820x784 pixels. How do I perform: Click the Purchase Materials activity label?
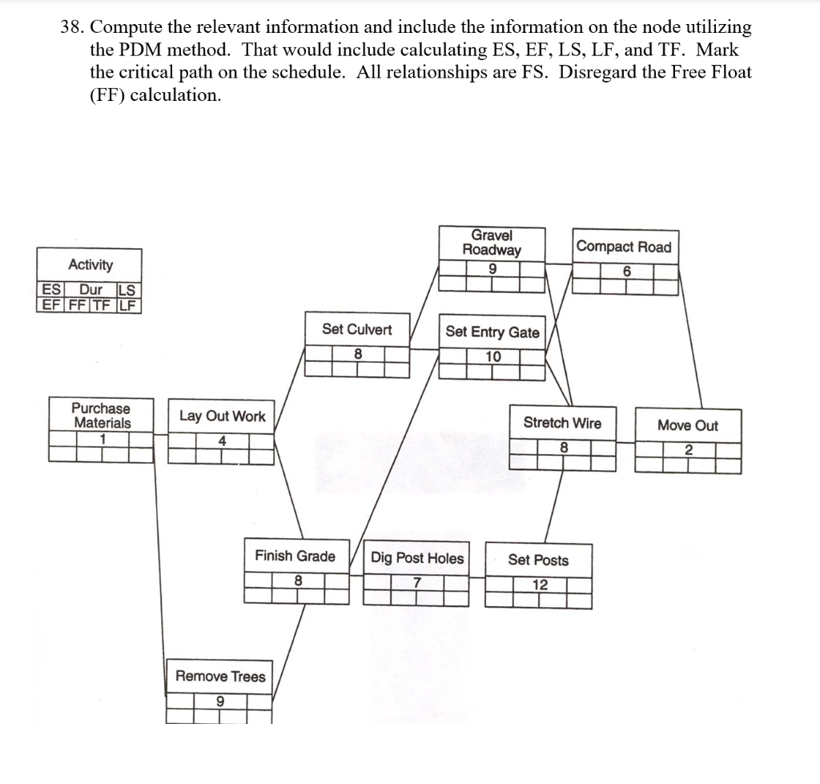(x=101, y=415)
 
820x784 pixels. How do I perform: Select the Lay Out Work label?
(x=222, y=416)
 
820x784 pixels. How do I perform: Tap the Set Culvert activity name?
(x=357, y=329)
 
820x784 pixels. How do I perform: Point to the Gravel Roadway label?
(x=492, y=242)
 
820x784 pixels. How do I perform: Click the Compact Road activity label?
(x=625, y=247)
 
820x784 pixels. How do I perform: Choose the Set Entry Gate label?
(x=492, y=332)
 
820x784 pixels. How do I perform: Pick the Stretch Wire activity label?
(x=562, y=423)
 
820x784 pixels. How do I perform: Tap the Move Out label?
(x=688, y=425)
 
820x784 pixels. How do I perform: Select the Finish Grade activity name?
(x=295, y=556)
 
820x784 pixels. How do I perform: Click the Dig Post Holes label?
(x=417, y=558)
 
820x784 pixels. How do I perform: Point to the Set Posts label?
(x=538, y=560)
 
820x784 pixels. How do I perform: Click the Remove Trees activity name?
(x=220, y=676)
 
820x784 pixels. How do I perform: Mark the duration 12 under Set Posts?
(x=541, y=585)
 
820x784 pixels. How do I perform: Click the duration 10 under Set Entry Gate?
(x=493, y=356)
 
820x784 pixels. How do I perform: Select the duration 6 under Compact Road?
(x=627, y=271)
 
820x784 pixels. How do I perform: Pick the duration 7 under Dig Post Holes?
(x=417, y=582)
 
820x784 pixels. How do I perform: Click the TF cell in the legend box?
(x=107, y=304)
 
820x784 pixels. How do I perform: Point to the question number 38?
(x=73, y=26)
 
